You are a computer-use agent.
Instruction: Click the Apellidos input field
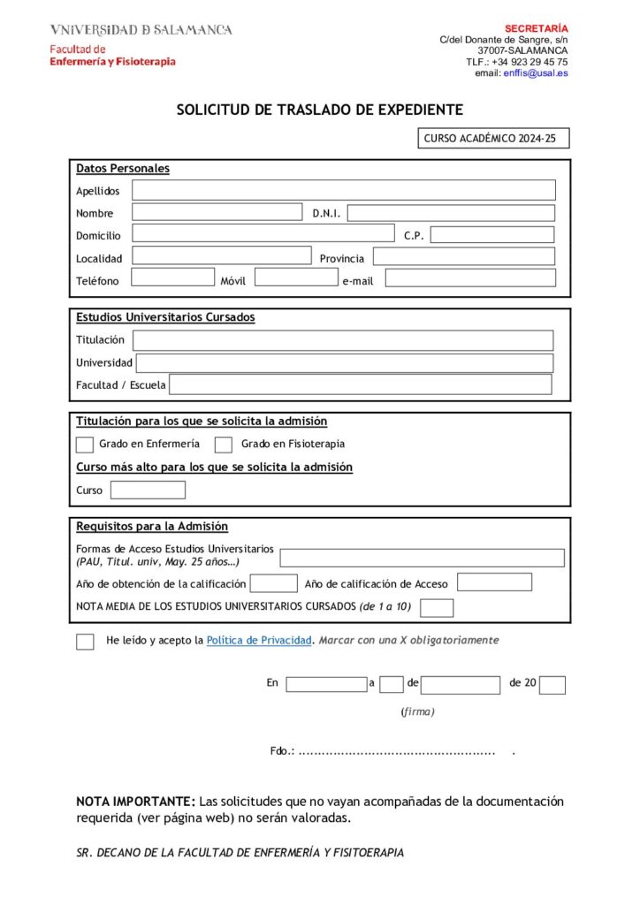(344, 190)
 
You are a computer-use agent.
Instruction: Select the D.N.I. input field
(451, 213)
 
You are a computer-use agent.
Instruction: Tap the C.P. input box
(491, 235)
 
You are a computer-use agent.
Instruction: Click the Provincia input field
(463, 257)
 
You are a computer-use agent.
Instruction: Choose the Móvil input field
(295, 278)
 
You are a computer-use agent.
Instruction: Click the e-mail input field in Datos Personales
(470, 278)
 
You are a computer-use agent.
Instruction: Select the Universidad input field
(344, 363)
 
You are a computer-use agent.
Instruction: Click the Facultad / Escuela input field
(360, 384)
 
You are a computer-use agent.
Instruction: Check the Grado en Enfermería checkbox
(85, 445)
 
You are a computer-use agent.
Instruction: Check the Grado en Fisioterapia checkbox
(224, 445)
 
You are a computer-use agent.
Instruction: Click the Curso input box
(148, 491)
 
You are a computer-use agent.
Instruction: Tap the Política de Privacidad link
(259, 640)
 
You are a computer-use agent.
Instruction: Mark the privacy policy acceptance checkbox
(85, 642)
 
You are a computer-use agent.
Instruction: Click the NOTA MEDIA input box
(437, 608)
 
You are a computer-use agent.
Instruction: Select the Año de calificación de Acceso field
(494, 582)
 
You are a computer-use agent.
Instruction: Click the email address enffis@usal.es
(536, 73)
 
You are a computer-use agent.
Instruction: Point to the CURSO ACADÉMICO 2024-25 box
(493, 139)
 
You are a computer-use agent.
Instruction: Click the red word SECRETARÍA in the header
(537, 28)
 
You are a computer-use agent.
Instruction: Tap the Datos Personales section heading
(123, 169)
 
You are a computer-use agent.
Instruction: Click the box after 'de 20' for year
(552, 685)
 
